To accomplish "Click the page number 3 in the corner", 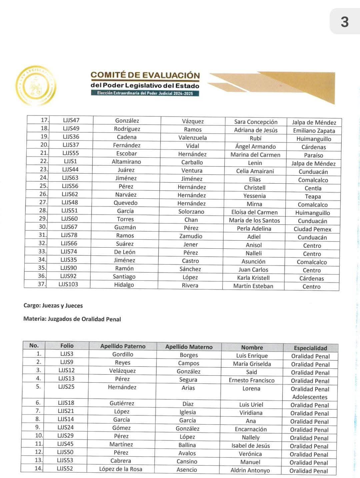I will (344, 22).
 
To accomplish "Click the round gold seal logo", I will (36, 86).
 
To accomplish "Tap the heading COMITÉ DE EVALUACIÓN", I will (145, 75).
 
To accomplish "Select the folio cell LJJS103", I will (68, 284).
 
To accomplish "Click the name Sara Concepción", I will (256, 122).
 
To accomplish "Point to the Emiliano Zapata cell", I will (314, 131).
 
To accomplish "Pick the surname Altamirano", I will (126, 162).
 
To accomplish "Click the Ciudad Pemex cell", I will (312, 229).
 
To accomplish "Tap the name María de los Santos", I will (254, 220).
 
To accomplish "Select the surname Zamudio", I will (191, 236).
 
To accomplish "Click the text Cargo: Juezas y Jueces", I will (53, 305).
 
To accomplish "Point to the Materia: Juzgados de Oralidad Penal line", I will (72, 319).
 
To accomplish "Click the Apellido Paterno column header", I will (123, 346).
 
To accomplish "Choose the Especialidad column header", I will (310, 348).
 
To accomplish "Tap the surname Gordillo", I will (123, 354).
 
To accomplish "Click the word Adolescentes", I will (310, 397).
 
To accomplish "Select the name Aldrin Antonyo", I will (250, 470).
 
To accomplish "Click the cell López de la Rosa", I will (121, 469).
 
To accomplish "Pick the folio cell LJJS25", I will (66, 387).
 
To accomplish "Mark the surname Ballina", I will (187, 445).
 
